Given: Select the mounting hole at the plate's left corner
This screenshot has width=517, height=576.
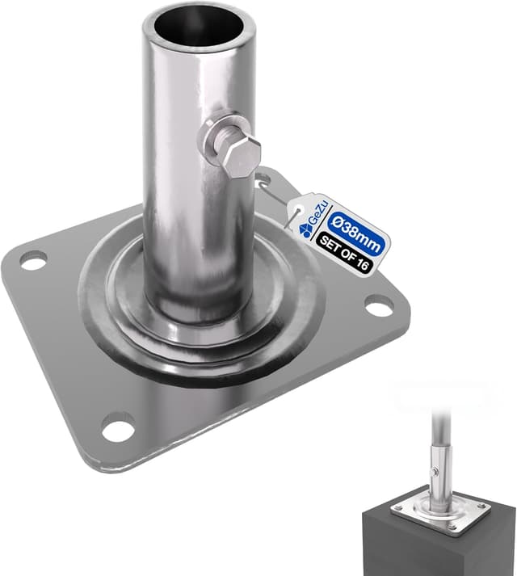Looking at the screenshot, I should click(x=33, y=261).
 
